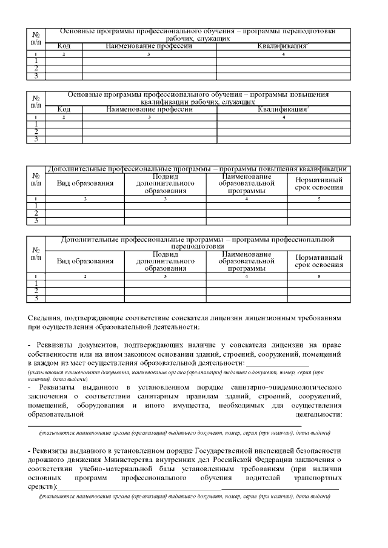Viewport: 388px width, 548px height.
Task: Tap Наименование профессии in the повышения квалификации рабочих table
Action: pos(149,110)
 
